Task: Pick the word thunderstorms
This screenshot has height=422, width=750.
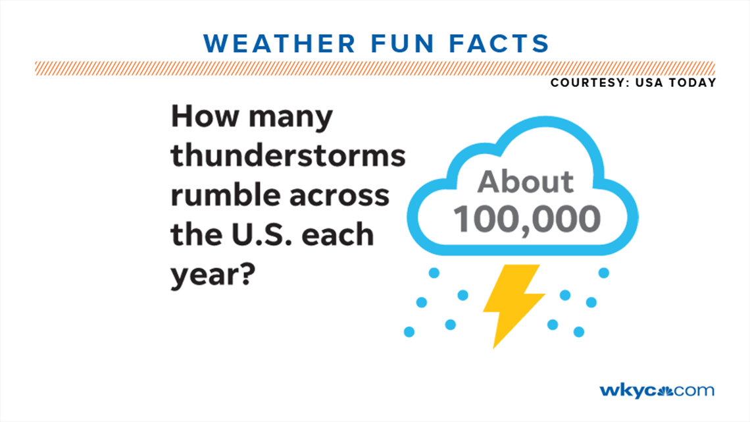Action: click(288, 157)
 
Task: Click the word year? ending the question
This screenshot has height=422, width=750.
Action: click(213, 272)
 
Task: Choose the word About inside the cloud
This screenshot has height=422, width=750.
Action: click(526, 182)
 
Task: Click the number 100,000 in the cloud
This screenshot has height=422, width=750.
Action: click(526, 219)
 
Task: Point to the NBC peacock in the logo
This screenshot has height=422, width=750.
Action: click(664, 390)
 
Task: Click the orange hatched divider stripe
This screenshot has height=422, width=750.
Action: click(374, 68)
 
